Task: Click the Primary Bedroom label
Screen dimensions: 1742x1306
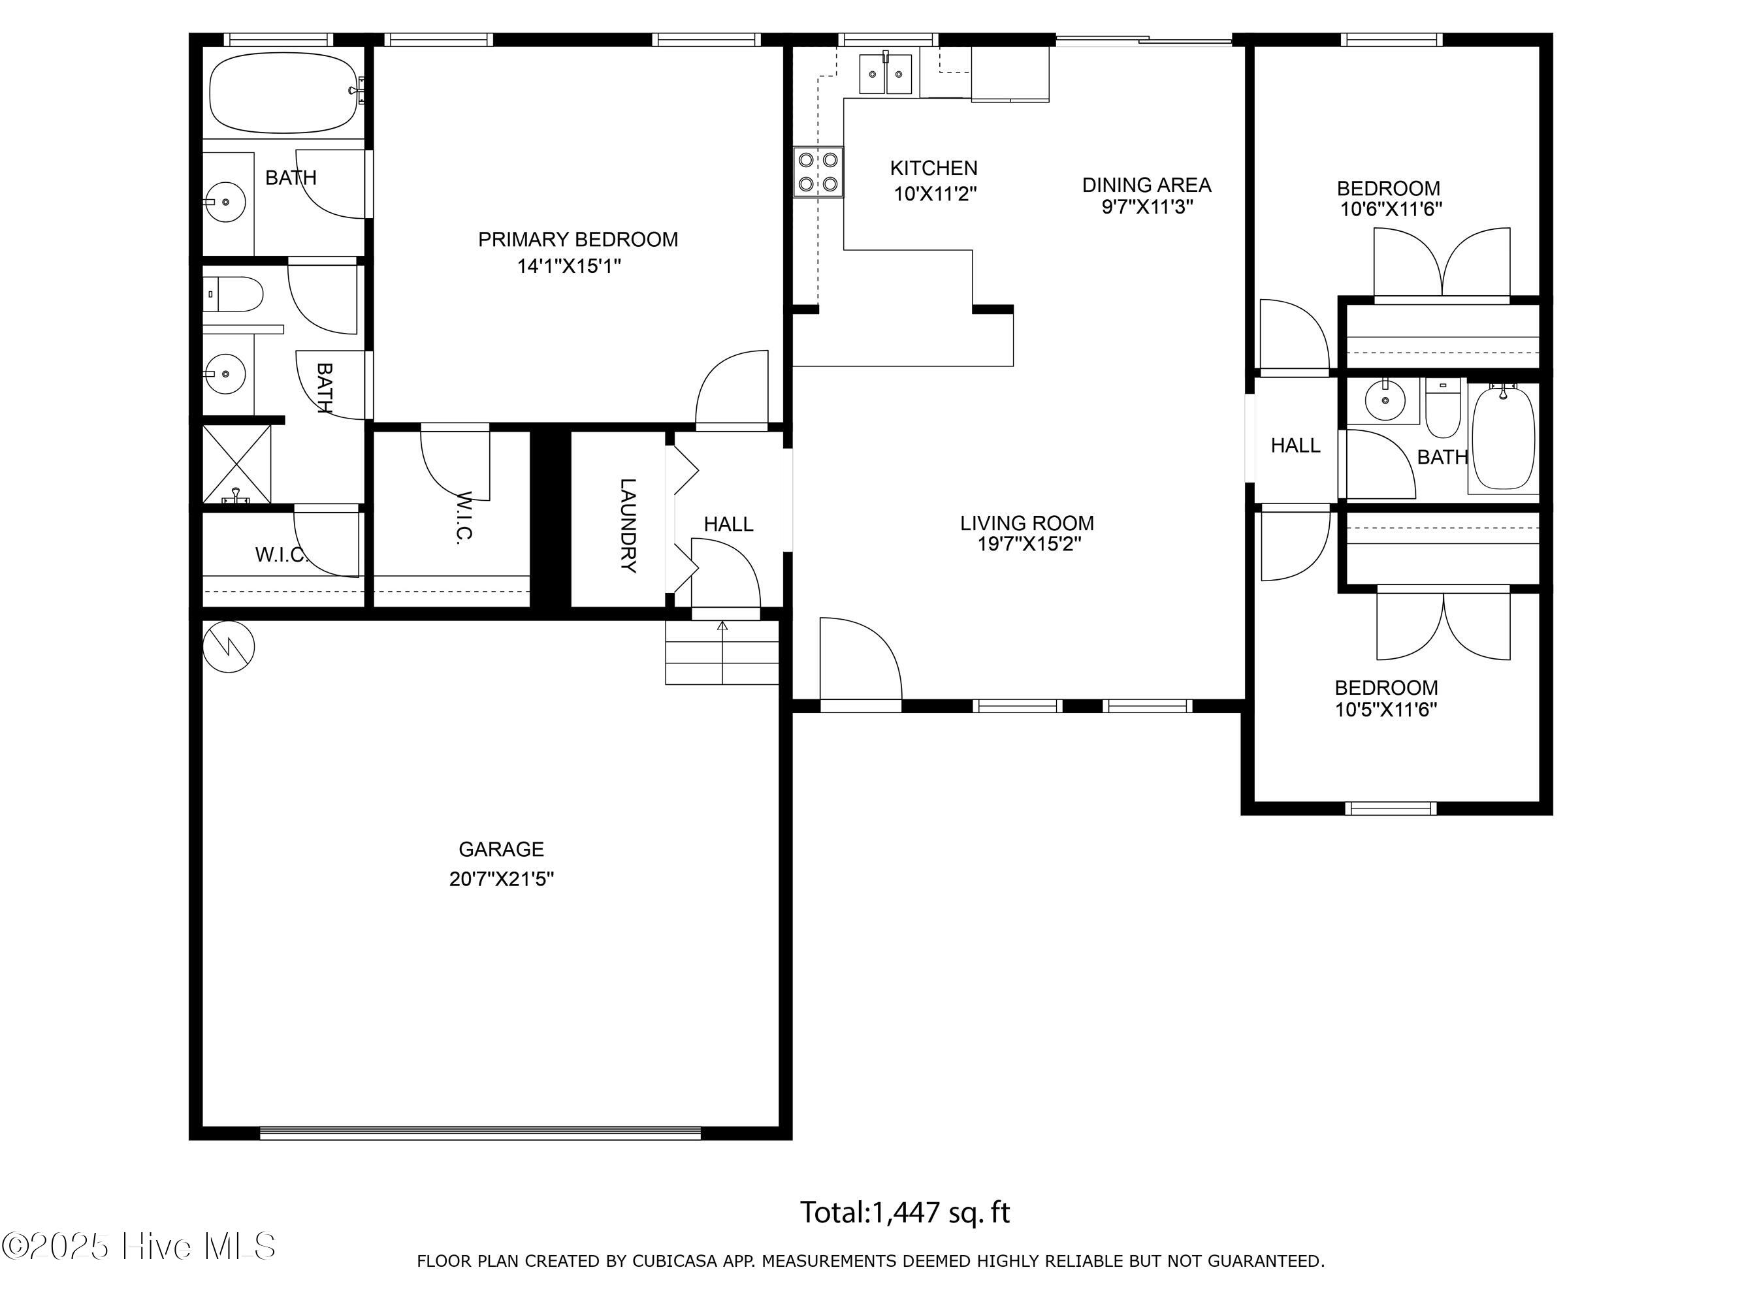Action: (x=578, y=239)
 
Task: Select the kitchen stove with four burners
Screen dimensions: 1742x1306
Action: (x=818, y=172)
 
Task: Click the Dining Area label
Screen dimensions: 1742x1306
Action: (x=1146, y=185)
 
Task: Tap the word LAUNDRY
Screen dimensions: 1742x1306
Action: (x=628, y=525)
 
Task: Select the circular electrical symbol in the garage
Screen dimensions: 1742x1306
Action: (x=229, y=646)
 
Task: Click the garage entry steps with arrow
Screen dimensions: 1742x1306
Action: (x=722, y=652)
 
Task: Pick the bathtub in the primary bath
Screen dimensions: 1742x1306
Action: (x=284, y=93)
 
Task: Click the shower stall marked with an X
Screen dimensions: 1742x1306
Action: (x=237, y=464)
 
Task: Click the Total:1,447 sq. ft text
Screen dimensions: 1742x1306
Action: (x=905, y=1213)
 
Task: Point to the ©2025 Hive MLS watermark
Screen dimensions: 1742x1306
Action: (x=138, y=1245)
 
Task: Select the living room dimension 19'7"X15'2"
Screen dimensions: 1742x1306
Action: (x=1029, y=544)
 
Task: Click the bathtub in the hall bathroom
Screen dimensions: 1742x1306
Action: (x=1504, y=438)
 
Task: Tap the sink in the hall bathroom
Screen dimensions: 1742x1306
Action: (x=1385, y=400)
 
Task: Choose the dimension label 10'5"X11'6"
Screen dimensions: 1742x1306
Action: (x=1386, y=710)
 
